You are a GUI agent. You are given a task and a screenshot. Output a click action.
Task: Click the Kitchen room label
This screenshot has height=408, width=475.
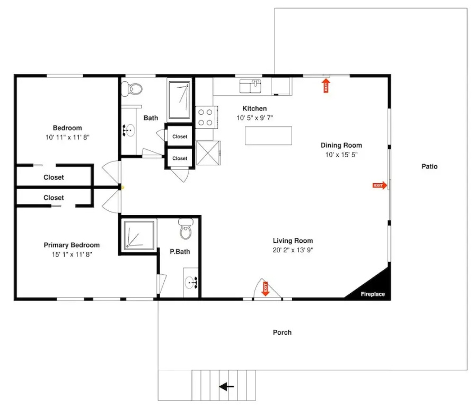tap(254, 109)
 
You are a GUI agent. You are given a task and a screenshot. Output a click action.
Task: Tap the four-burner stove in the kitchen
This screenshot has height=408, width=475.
tap(206, 117)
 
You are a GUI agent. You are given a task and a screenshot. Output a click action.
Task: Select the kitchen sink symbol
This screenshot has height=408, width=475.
tap(250, 86)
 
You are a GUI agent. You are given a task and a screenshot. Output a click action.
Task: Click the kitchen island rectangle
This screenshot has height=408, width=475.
tap(268, 135)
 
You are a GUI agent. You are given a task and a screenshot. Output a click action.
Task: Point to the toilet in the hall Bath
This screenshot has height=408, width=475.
tap(132, 89)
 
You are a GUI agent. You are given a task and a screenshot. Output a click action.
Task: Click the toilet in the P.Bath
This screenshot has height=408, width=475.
tap(186, 228)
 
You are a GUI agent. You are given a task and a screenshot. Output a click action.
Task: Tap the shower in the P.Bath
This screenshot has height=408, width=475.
tap(139, 235)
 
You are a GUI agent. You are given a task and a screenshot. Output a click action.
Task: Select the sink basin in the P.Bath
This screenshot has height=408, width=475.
tap(191, 283)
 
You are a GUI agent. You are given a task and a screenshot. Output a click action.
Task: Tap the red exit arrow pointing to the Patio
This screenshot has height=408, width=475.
tap(380, 185)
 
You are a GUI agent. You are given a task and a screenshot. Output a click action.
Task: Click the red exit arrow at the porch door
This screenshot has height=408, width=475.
tap(266, 289)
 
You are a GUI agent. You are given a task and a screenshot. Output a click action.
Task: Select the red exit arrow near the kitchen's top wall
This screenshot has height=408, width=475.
tap(326, 86)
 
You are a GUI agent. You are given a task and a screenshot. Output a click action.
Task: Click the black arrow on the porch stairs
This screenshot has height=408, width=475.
tap(226, 387)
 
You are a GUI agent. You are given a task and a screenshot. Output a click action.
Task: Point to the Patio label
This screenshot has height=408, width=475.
tap(429, 166)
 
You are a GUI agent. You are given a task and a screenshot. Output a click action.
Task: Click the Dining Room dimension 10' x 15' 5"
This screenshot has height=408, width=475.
tap(341, 155)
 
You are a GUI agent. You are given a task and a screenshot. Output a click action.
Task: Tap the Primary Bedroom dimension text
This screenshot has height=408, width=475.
tap(72, 254)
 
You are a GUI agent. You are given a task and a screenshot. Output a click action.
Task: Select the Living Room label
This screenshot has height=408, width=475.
tap(293, 241)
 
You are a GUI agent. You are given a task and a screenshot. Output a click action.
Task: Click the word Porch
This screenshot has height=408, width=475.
tap(282, 333)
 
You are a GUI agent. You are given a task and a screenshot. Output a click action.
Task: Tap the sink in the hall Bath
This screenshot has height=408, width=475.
tap(129, 131)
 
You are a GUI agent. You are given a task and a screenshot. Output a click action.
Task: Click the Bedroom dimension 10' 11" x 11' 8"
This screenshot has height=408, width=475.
tap(67, 137)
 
